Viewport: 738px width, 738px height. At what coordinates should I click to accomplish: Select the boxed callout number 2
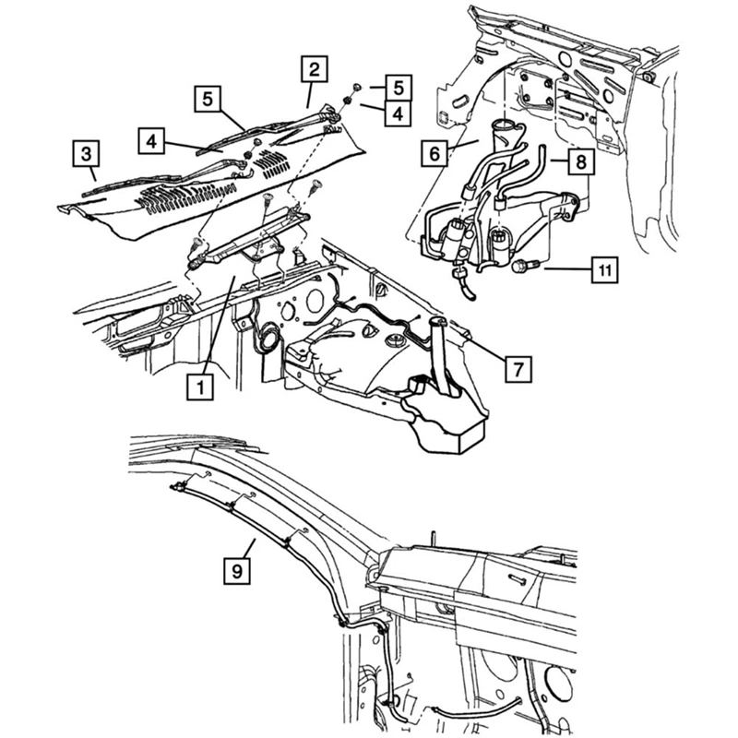tap(315, 69)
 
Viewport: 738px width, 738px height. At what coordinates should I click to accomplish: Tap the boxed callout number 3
tap(86, 151)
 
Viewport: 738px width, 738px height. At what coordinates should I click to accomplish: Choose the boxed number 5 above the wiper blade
tap(208, 98)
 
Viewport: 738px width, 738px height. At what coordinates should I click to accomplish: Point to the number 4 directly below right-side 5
tap(396, 113)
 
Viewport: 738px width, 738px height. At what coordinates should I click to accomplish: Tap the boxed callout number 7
tap(518, 368)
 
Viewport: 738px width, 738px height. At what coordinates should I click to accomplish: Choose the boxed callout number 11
tap(603, 271)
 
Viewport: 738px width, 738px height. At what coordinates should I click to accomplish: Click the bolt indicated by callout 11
tap(518, 268)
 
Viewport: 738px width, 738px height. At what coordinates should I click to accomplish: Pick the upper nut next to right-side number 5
tap(358, 88)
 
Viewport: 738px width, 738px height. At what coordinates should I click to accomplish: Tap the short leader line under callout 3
tap(93, 173)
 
